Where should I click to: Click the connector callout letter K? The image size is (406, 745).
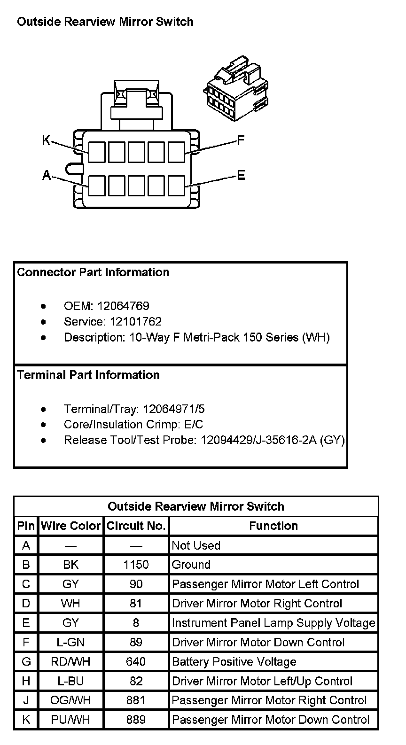coord(46,140)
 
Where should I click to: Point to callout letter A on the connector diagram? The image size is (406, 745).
coord(47,176)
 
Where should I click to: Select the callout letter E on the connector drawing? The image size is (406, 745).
coord(241,176)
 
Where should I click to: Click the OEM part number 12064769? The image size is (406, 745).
coord(123,306)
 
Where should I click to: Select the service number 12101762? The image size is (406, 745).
coord(136,322)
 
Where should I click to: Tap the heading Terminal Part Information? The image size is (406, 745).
coord(88,375)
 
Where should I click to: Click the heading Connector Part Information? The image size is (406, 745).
coord(93,272)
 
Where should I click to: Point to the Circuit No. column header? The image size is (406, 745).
coord(136,526)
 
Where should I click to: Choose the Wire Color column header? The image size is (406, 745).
coord(70,526)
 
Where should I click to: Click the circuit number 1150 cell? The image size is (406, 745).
coord(136,565)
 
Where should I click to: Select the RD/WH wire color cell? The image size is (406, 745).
coord(70,662)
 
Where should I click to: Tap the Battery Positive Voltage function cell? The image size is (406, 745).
coord(234,662)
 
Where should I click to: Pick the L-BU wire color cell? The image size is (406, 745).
coord(70,681)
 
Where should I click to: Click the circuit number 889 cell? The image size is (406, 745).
coord(136,720)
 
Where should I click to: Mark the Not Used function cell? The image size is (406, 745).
coord(196,545)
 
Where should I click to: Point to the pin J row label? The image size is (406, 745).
coord(26,700)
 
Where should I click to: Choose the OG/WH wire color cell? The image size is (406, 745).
coord(70,700)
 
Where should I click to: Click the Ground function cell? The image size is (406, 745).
coord(191,565)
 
